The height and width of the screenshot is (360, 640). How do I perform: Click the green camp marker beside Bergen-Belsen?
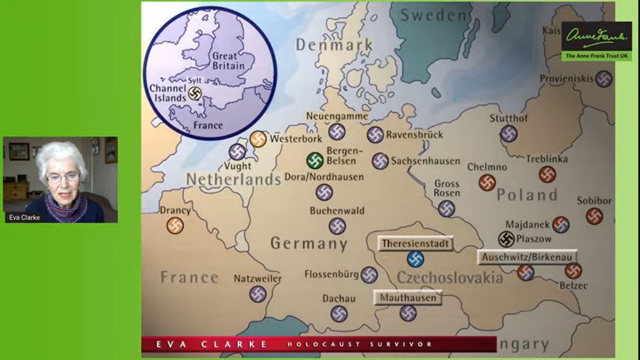(x=315, y=161)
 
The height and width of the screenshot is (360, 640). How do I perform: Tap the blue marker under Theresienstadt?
(x=416, y=259)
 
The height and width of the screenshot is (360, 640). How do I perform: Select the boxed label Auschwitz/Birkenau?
(x=527, y=257)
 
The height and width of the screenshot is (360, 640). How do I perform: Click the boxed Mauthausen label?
(x=408, y=298)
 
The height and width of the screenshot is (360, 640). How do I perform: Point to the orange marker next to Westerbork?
(x=258, y=139)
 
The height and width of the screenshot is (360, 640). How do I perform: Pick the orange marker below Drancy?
(x=175, y=226)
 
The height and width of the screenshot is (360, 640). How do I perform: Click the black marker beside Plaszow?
(x=506, y=239)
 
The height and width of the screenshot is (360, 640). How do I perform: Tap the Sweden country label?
(x=433, y=16)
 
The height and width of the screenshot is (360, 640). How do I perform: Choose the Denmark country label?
(x=334, y=45)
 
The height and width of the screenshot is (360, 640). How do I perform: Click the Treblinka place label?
(x=546, y=159)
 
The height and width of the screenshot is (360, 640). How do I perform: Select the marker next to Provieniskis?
(x=604, y=79)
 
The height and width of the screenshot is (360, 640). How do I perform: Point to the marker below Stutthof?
(x=509, y=134)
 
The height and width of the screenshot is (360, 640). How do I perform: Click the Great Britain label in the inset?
(x=228, y=61)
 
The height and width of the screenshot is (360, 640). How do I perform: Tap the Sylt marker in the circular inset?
(x=195, y=94)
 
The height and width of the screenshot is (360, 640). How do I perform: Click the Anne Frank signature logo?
(x=596, y=36)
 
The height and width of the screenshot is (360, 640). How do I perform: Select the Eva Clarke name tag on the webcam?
(x=24, y=218)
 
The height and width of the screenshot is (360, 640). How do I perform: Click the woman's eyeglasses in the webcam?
(x=63, y=178)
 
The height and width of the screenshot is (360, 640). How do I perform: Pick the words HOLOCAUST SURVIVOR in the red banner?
(x=359, y=344)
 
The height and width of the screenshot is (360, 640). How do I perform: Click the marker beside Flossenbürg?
(x=369, y=275)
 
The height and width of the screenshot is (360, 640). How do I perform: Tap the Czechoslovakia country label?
(x=450, y=278)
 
